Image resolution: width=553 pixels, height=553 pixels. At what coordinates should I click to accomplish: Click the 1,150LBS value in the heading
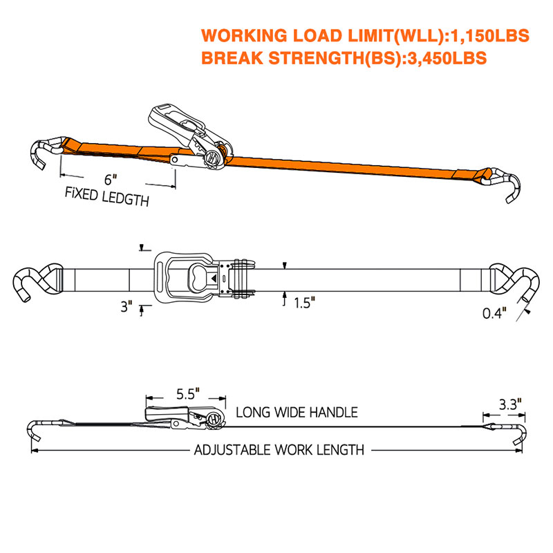tap(489, 36)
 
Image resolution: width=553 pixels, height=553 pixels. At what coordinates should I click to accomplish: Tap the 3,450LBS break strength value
tap(447, 58)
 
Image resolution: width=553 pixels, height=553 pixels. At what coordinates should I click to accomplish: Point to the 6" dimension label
tap(111, 180)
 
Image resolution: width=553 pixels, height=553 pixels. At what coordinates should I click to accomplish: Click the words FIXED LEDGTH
tap(107, 197)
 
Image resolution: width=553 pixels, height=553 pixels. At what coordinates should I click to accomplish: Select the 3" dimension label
tap(126, 306)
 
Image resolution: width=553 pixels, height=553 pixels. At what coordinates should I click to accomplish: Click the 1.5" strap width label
tap(305, 303)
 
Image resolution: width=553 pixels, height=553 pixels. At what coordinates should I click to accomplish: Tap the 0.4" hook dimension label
tap(494, 313)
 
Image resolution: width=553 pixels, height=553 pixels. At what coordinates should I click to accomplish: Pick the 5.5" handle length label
tap(188, 394)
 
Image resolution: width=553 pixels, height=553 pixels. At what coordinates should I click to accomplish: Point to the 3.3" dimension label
tap(510, 404)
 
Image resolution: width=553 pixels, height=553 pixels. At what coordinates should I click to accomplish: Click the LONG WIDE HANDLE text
tap(297, 412)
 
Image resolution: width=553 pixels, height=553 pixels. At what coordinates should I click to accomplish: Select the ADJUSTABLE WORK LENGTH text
tap(279, 450)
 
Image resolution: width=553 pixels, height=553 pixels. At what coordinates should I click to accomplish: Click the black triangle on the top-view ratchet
tap(214, 279)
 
